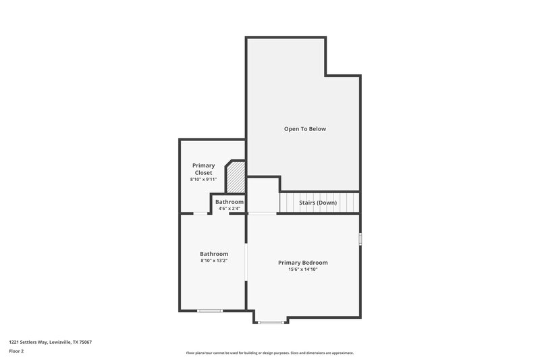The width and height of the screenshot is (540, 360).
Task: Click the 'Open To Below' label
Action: (x=304, y=128)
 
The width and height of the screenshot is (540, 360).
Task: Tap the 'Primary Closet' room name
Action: (x=203, y=169)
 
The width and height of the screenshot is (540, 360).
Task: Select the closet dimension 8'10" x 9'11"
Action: (x=203, y=180)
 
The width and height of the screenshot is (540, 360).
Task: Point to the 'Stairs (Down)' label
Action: (x=318, y=202)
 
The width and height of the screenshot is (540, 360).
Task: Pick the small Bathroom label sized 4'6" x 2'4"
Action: (x=230, y=202)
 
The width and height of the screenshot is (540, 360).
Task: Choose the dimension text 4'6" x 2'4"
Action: (x=230, y=209)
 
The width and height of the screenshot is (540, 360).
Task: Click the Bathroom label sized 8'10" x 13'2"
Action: (x=213, y=254)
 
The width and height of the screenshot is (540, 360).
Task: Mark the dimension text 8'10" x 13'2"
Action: (x=213, y=261)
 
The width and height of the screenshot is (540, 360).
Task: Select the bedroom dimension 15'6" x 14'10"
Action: (x=303, y=269)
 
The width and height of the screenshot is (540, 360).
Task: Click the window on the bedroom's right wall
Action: (x=360, y=239)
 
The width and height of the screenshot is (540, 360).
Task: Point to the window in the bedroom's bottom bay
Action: (x=271, y=322)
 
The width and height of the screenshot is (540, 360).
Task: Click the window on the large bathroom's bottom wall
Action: (x=209, y=311)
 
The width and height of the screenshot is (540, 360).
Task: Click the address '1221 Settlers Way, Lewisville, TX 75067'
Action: (x=51, y=342)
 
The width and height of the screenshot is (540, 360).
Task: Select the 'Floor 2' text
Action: (x=17, y=351)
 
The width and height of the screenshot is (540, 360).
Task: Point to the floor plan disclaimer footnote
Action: (x=269, y=353)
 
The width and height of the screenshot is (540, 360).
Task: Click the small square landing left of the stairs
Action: (x=263, y=195)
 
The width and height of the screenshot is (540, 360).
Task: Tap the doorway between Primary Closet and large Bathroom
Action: (x=201, y=213)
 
